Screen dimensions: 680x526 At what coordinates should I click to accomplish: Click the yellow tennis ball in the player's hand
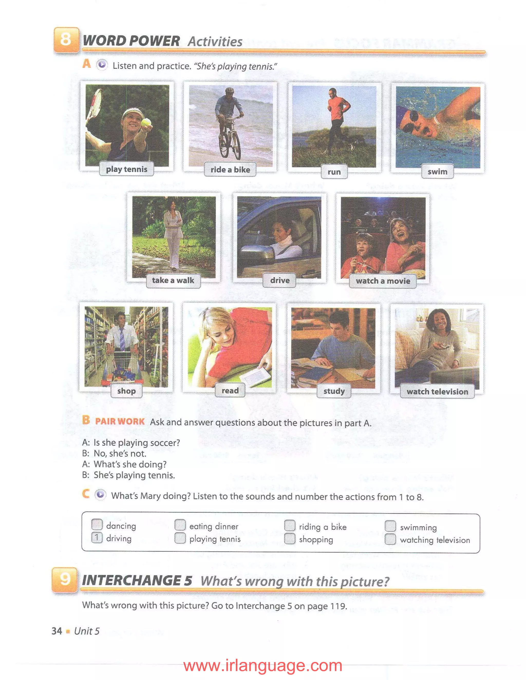point(146,122)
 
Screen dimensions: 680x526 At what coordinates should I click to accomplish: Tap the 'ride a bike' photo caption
point(230,170)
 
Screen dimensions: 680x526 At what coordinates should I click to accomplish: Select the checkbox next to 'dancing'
point(97,525)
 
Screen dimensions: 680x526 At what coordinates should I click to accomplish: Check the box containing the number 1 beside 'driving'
point(97,537)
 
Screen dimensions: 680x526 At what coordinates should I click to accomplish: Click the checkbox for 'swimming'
point(390,526)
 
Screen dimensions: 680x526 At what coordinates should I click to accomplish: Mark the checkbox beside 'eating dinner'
point(180,525)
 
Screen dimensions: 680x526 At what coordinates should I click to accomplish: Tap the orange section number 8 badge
point(66,40)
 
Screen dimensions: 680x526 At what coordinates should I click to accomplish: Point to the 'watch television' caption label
point(437,392)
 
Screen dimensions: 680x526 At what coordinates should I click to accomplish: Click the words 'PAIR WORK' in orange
point(120,421)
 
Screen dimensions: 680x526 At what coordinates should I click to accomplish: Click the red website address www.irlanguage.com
point(263,666)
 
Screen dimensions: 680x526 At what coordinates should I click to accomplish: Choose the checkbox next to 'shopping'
point(289,539)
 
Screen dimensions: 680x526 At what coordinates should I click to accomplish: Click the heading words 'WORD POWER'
point(131,41)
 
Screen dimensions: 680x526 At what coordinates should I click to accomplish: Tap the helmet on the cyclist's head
point(230,90)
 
